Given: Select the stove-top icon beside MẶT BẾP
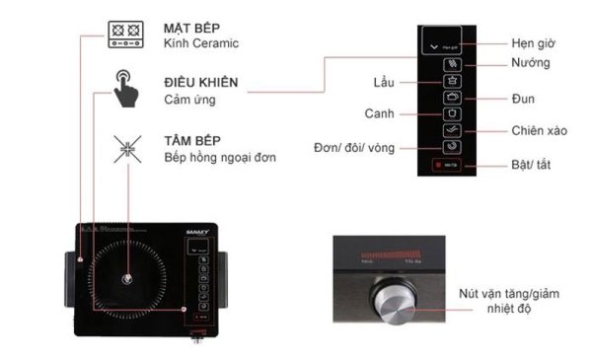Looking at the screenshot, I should pos(128,36).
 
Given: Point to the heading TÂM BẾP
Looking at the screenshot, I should pos(191,141).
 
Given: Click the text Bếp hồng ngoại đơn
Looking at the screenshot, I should pos(219,158).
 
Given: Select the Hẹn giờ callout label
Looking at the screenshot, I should pos(534,43).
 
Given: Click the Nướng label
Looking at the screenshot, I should pos(531,63).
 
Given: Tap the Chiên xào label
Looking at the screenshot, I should pos(539,130).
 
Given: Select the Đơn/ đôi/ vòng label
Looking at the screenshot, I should pos(355,146).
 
